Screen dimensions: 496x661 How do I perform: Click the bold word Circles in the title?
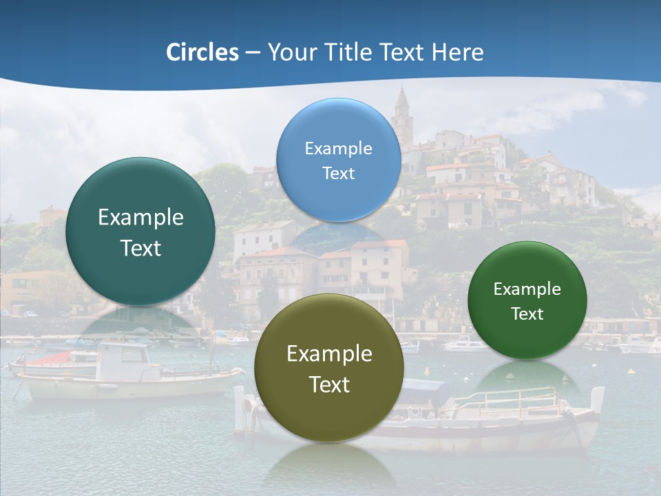coord(202,52)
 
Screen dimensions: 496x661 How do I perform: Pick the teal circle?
coord(140,231)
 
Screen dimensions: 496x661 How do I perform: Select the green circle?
coord(527,300)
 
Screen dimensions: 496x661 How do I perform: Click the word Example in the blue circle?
coord(338,148)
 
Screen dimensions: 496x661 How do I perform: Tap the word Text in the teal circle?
coord(140,248)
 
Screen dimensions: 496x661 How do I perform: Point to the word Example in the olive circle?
coord(329,354)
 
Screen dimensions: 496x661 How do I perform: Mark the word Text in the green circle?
coord(527,314)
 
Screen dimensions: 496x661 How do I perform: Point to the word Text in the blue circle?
coord(338,173)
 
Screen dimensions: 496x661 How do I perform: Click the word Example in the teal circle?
coord(140,218)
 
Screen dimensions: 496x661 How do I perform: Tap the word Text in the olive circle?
coord(329,384)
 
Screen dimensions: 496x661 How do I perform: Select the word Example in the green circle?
coord(527,289)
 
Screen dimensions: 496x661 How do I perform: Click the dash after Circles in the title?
coord(253,52)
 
